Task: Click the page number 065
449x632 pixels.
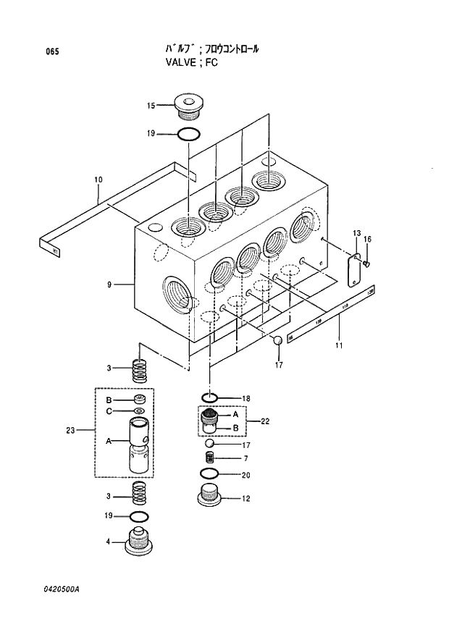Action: [x=51, y=51]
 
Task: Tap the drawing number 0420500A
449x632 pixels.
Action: [x=62, y=589]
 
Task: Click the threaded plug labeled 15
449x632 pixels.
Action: [x=188, y=107]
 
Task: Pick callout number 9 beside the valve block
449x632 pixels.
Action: [x=109, y=285]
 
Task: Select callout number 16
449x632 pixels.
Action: [x=367, y=239]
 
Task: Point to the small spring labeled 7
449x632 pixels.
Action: [x=210, y=458]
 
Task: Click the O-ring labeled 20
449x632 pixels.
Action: [x=210, y=474]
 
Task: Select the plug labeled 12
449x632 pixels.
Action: [x=210, y=497]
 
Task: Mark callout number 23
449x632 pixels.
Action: [x=70, y=431]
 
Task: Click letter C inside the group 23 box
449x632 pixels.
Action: [x=109, y=411]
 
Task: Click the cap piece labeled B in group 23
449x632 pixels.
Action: [x=139, y=400]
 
